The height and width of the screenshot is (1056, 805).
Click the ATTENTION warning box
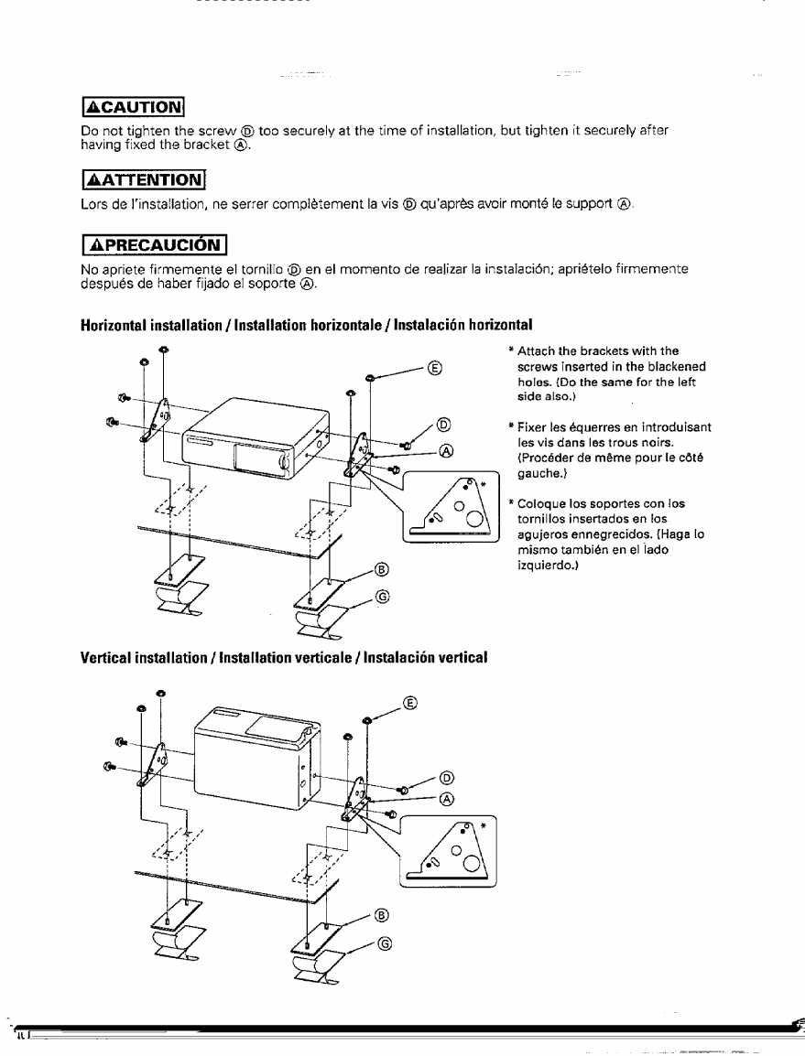144,177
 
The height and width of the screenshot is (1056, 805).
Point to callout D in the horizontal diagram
444,424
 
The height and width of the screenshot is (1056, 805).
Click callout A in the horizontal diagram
446,450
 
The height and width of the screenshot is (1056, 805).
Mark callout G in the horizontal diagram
383,598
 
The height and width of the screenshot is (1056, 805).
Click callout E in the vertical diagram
409,704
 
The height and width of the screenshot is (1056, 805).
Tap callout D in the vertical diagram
447,778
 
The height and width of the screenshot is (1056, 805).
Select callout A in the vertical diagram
447,798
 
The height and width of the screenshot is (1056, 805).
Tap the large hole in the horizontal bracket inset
476,523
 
